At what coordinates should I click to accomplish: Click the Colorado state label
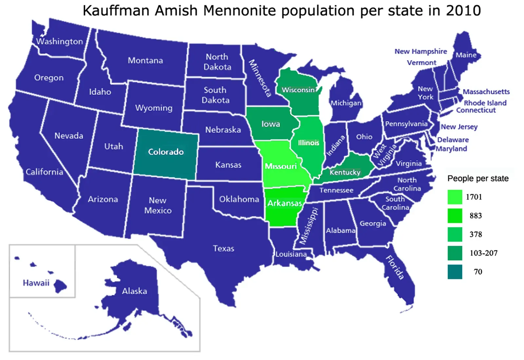pyautogui.click(x=166, y=152)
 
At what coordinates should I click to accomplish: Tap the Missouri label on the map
pyautogui.click(x=281, y=166)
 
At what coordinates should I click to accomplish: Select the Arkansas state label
pyautogui.click(x=285, y=203)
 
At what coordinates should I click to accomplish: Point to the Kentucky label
pyautogui.click(x=345, y=172)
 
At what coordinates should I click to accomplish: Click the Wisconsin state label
pyautogui.click(x=299, y=90)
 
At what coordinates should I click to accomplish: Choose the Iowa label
pyautogui.click(x=271, y=124)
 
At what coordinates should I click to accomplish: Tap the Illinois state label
pyautogui.click(x=309, y=143)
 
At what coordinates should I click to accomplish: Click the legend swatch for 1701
pyautogui.click(x=455, y=197)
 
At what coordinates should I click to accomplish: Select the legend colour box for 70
pyautogui.click(x=455, y=272)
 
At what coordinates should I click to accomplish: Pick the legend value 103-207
pyautogui.click(x=483, y=253)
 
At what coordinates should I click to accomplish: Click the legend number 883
pyautogui.click(x=476, y=216)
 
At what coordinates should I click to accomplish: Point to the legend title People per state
pyautogui.click(x=478, y=179)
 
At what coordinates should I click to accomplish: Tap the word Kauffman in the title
pyautogui.click(x=116, y=11)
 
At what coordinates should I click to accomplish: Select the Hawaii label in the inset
pyautogui.click(x=36, y=283)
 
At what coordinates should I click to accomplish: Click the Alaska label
pyautogui.click(x=134, y=291)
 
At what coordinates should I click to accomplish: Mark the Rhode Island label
pyautogui.click(x=485, y=103)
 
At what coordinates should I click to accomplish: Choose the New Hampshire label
pyautogui.click(x=421, y=51)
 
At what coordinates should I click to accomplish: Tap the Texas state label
pyautogui.click(x=223, y=249)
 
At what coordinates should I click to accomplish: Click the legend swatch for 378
pyautogui.click(x=455, y=234)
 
